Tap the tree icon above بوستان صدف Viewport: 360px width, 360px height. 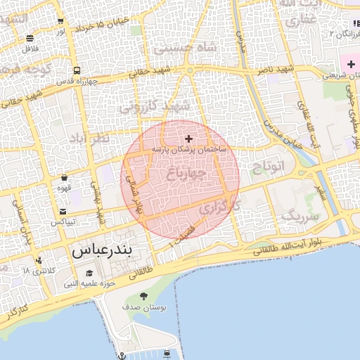click(x=144, y=296)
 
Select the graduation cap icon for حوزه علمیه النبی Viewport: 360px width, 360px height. click(x=89, y=274)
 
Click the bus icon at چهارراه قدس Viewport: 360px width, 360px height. click(x=76, y=70)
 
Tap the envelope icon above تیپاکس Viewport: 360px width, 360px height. click(x=63, y=212)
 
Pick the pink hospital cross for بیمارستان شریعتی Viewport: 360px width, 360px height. click(x=351, y=65)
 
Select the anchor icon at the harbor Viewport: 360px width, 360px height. click(x=122, y=356)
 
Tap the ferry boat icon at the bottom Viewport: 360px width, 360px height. click(x=167, y=353)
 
